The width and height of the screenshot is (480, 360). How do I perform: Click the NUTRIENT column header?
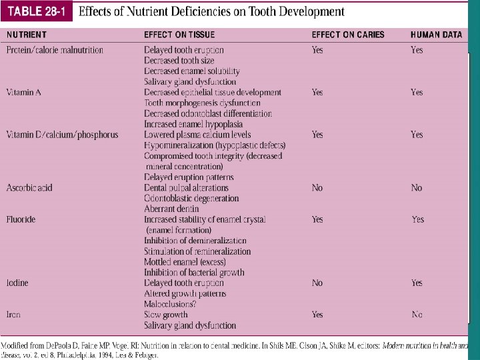(x=27, y=35)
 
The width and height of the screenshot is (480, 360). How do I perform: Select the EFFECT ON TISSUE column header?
(x=179, y=35)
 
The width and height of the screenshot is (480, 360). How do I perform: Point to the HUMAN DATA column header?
(x=436, y=35)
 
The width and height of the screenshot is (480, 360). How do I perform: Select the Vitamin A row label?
(x=24, y=93)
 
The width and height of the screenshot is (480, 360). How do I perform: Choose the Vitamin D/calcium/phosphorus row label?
(x=62, y=135)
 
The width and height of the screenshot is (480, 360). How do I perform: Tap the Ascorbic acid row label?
(x=29, y=188)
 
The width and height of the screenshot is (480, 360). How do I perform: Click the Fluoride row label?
(x=21, y=219)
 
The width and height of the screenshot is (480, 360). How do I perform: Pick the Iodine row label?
(x=17, y=283)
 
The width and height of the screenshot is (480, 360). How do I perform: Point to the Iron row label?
(x=13, y=315)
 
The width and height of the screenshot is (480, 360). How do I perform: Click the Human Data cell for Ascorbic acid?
(x=417, y=188)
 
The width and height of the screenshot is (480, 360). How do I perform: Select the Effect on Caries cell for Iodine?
(x=317, y=283)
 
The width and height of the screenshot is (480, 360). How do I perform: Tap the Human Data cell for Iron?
(x=417, y=315)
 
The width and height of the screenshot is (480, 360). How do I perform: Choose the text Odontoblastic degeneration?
(x=191, y=199)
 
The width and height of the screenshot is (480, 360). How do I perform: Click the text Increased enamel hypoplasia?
(x=193, y=124)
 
